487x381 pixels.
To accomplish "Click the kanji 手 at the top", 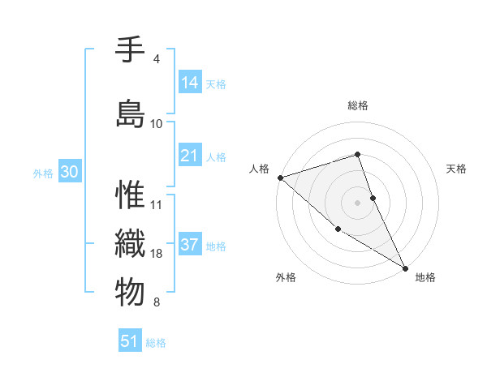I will tap(131, 49).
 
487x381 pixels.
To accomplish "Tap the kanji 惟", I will tap(131, 195).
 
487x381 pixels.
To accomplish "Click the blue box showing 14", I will tap(190, 83).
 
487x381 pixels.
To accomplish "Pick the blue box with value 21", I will tap(190, 156).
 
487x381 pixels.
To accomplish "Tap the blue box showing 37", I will tap(190, 246).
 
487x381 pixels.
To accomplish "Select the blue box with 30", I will tap(69, 173).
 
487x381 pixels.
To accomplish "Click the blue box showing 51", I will tap(130, 341).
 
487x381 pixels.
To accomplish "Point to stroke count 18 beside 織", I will tap(157, 254).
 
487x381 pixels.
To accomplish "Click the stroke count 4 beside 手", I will tap(156, 59).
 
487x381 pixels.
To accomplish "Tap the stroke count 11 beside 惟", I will tap(157, 204).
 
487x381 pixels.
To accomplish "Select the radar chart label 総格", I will tap(358, 105).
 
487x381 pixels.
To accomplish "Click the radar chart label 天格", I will tap(457, 169).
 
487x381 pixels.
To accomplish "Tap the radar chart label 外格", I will tap(286, 277).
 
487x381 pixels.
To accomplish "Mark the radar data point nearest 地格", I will tap(405, 267).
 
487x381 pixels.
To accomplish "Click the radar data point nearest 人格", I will tap(279, 177).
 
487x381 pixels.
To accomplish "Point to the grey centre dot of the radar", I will tap(358, 202).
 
